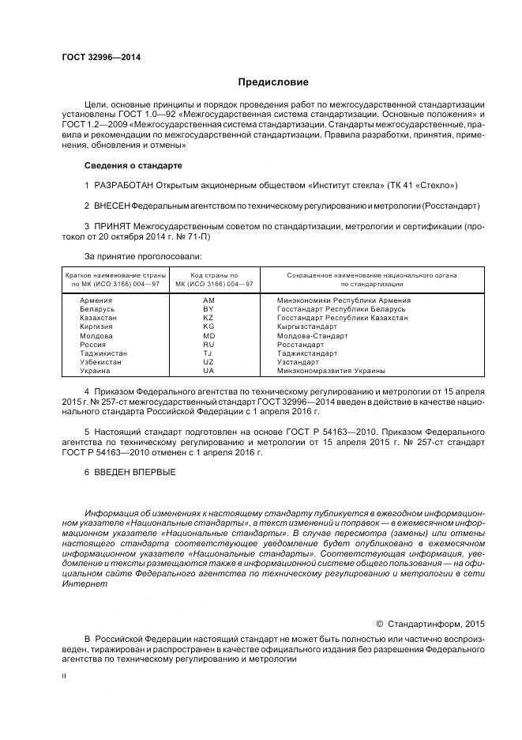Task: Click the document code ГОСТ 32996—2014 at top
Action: click(x=96, y=58)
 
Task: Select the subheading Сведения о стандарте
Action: click(x=133, y=165)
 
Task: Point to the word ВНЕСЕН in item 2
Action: click(x=112, y=206)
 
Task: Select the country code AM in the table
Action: click(x=208, y=300)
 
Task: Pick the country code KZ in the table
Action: click(x=208, y=318)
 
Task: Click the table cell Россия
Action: click(x=93, y=345)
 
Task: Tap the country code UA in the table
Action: click(x=208, y=371)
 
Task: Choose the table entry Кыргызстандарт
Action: click(x=307, y=327)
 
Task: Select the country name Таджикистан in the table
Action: click(x=103, y=353)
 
